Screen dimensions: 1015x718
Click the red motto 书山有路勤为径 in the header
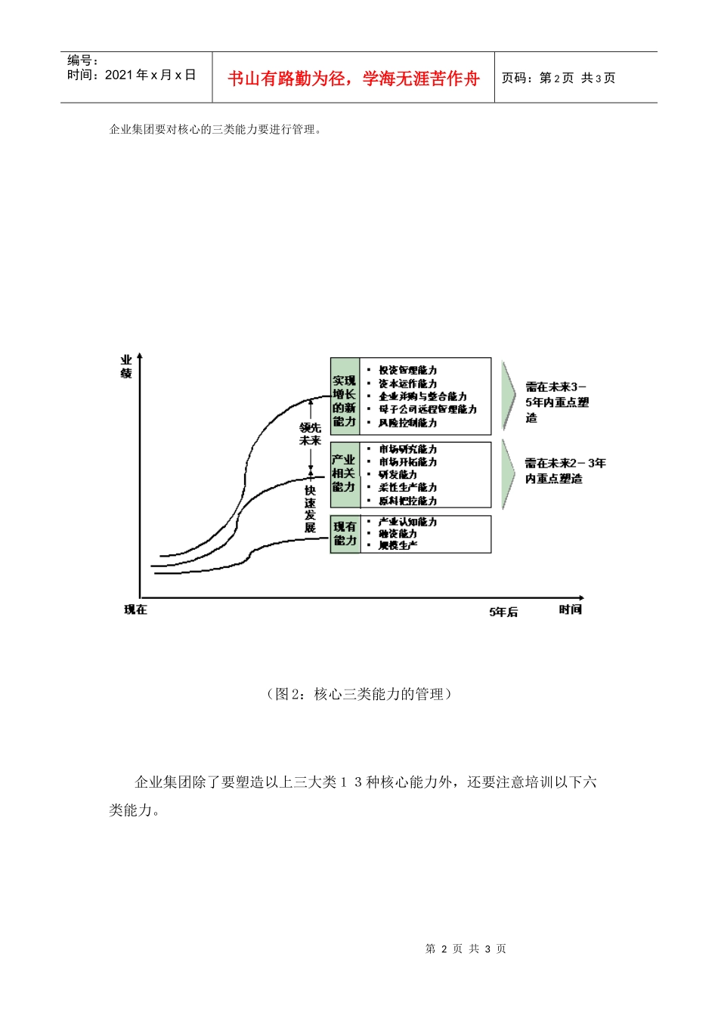(354, 79)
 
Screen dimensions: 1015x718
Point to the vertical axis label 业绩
(126, 367)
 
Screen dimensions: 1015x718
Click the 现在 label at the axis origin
(136, 609)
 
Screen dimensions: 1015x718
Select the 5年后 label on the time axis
(503, 612)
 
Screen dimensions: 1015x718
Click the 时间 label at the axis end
(571, 609)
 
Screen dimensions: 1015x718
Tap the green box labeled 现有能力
(345, 534)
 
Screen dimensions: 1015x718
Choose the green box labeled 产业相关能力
(345, 474)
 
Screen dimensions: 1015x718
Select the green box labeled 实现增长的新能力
(345, 401)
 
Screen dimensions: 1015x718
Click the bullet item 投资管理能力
(407, 370)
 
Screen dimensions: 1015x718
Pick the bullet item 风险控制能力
(407, 423)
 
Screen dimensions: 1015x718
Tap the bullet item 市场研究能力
(407, 449)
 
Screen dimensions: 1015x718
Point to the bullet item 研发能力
(398, 475)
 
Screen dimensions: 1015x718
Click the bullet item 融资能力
(398, 533)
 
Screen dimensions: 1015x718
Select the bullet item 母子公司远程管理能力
(428, 409)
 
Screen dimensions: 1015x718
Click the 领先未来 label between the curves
(310, 434)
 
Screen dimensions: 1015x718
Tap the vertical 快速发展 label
(310, 508)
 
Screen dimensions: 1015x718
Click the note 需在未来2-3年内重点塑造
(565, 470)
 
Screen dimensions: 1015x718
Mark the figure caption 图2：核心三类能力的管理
(359, 694)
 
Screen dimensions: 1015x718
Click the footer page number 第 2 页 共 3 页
(466, 949)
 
